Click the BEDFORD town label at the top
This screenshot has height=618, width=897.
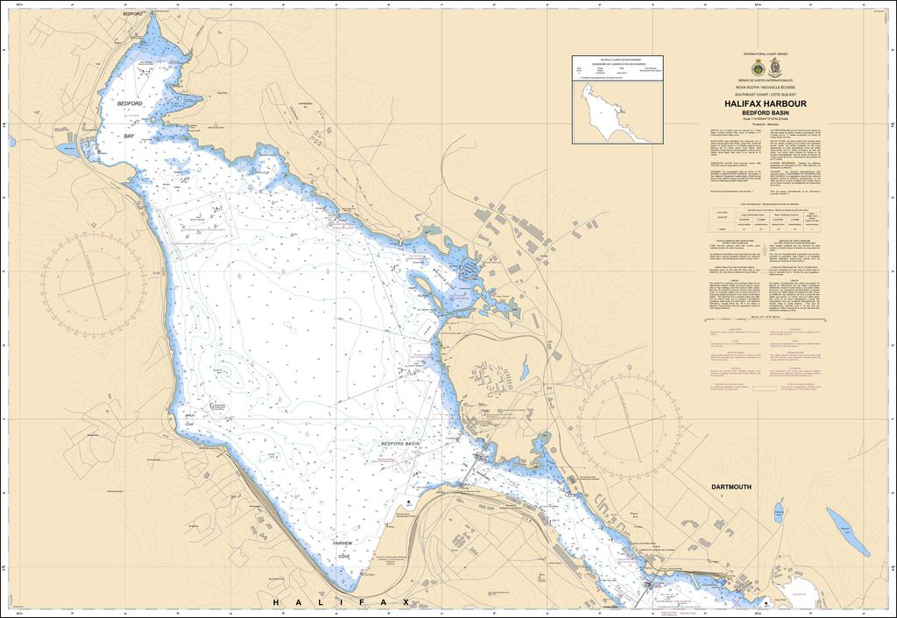(x=133, y=15)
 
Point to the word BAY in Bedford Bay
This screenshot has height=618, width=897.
(x=129, y=137)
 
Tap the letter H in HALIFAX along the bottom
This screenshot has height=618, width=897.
(x=279, y=602)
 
